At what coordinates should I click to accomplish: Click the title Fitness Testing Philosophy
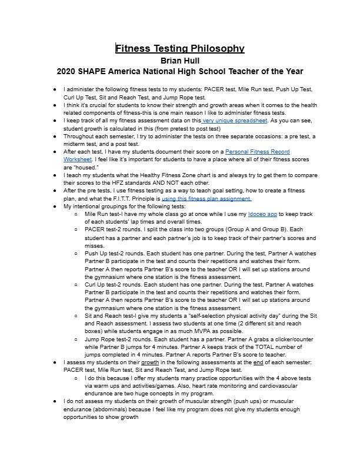point(179,48)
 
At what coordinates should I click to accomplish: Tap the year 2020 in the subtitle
point(68,71)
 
